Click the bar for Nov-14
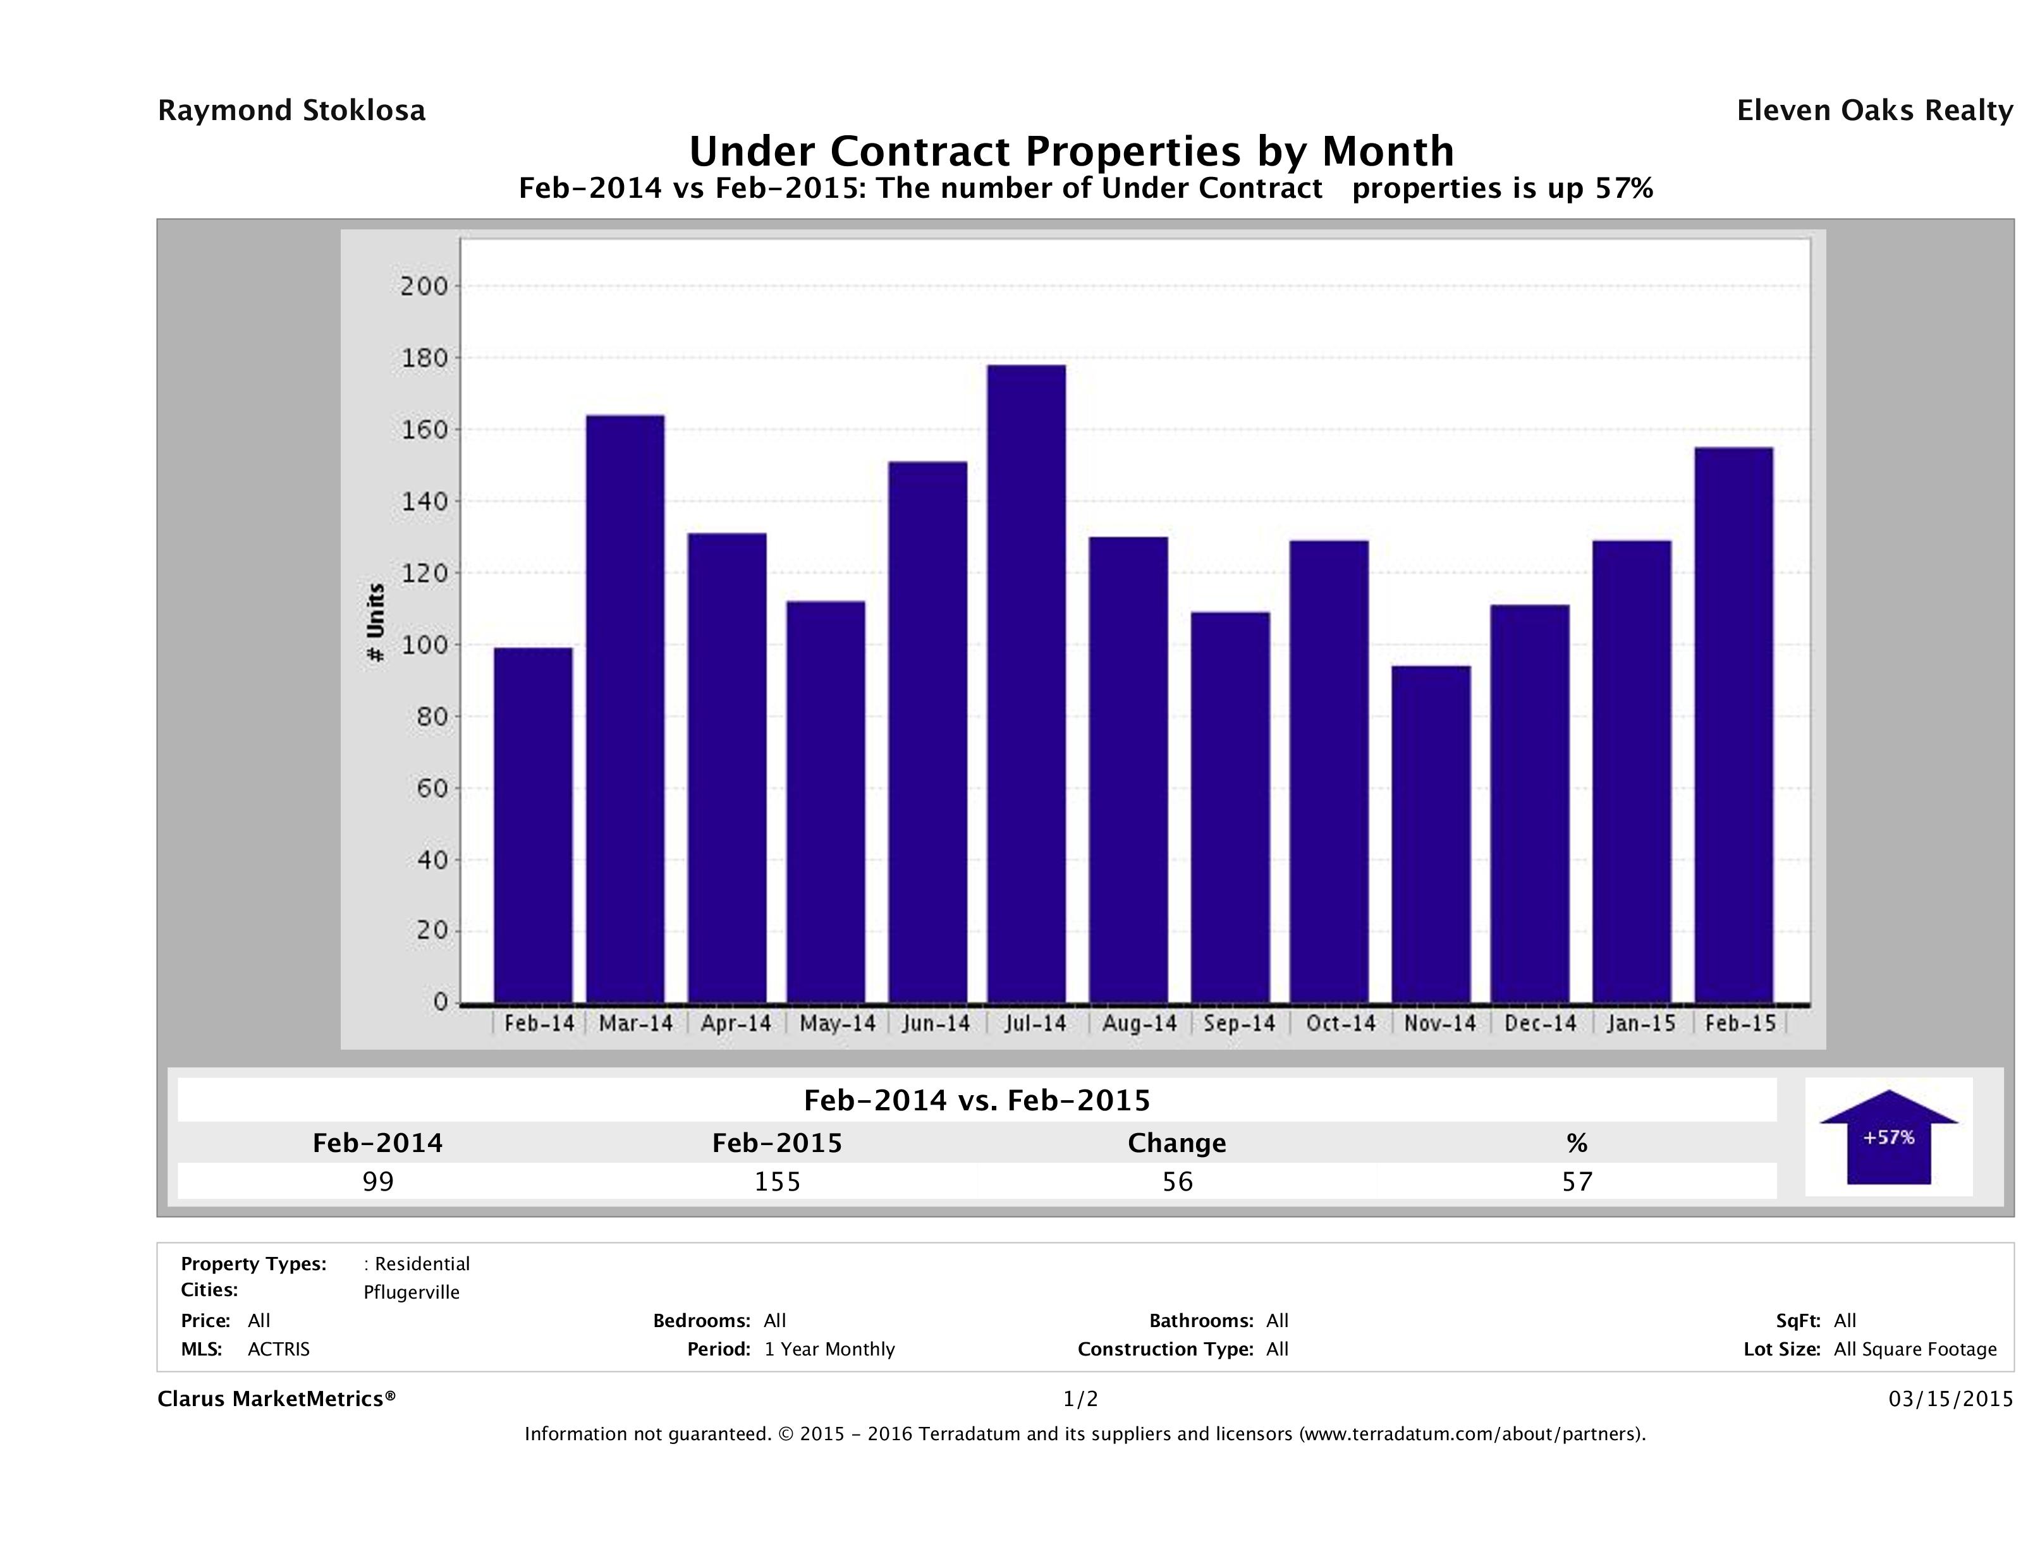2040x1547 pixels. pyautogui.click(x=1431, y=834)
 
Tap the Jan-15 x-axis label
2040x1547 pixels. pyautogui.click(x=1640, y=1023)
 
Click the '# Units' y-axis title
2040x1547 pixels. pyautogui.click(x=376, y=622)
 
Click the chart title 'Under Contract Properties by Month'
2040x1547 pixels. pyautogui.click(x=1071, y=151)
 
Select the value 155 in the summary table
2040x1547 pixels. pyautogui.click(x=778, y=1182)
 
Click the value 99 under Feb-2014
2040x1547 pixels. pyautogui.click(x=378, y=1182)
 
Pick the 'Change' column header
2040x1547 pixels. pyautogui.click(x=1177, y=1143)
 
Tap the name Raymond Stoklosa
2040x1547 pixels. pyautogui.click(x=291, y=111)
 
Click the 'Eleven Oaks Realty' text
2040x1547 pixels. pyautogui.click(x=1874, y=111)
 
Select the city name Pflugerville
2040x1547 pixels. pyautogui.click(x=412, y=1292)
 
